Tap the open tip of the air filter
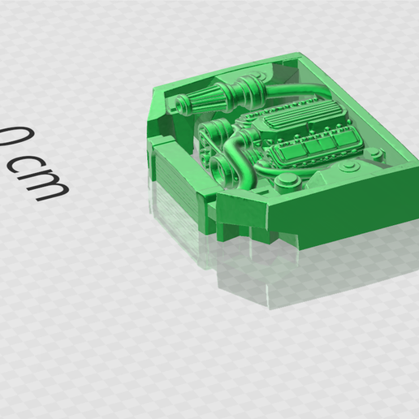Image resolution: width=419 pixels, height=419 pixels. (179, 104)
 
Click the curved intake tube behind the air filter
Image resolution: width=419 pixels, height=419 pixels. (298, 91)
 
